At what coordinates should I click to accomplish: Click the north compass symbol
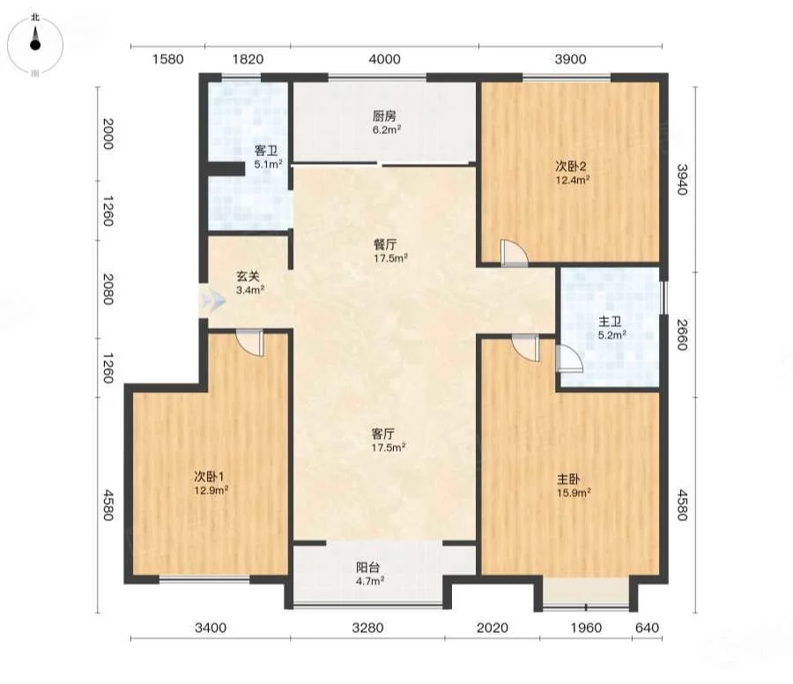click(x=35, y=43)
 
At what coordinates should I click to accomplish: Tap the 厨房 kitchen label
click(x=384, y=115)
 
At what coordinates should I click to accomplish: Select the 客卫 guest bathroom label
click(x=266, y=151)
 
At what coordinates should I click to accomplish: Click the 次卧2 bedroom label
click(x=570, y=166)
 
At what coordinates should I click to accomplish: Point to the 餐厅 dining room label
click(x=385, y=245)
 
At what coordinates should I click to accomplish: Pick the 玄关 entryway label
click(x=248, y=276)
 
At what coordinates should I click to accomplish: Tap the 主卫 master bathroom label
click(x=610, y=321)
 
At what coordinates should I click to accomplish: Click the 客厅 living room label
click(x=383, y=434)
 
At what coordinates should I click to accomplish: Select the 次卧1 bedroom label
click(x=209, y=476)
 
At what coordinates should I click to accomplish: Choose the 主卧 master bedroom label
click(x=568, y=479)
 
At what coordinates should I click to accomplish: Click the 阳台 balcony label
click(x=368, y=568)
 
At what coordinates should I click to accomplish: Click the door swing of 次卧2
click(x=515, y=252)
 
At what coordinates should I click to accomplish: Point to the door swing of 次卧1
click(x=250, y=344)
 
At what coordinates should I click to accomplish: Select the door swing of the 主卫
click(x=569, y=359)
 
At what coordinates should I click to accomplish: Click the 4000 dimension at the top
click(x=384, y=59)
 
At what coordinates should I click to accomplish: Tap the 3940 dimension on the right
click(x=683, y=179)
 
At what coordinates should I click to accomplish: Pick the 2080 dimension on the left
click(x=108, y=289)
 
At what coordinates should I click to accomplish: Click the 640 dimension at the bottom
click(x=647, y=628)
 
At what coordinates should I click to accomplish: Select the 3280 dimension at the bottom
click(x=367, y=628)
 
